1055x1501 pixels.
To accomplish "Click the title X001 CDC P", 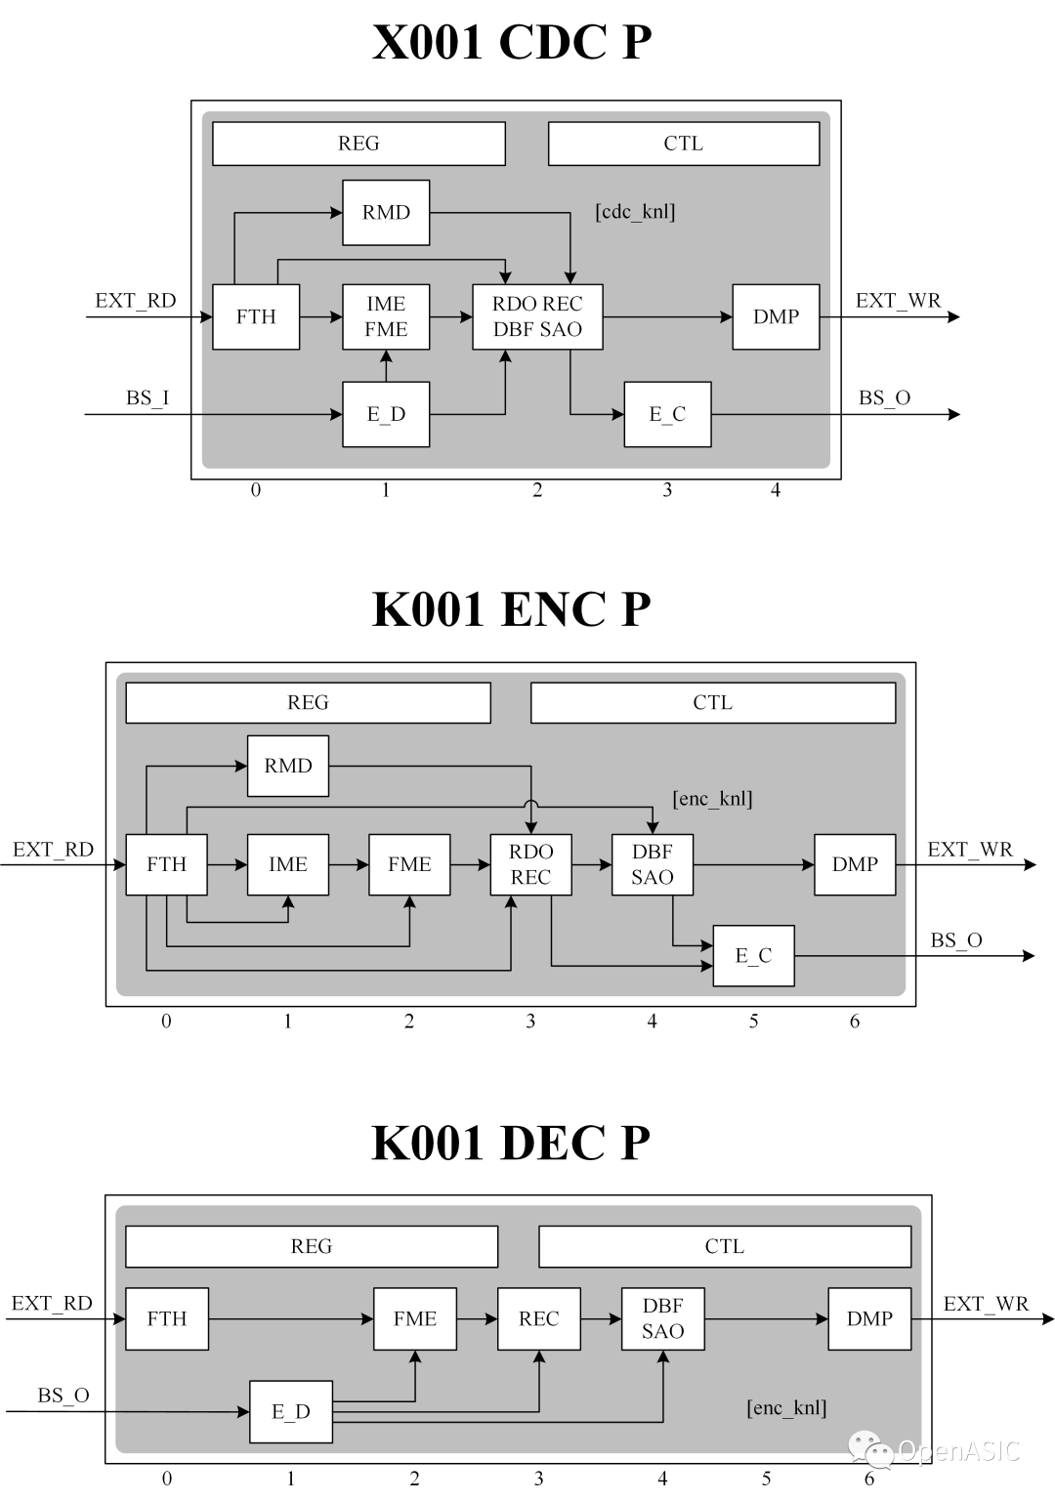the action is (512, 42).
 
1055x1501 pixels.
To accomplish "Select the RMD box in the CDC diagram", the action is (386, 213).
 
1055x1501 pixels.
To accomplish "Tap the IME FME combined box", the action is (386, 316).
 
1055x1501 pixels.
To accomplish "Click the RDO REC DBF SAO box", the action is (537, 316).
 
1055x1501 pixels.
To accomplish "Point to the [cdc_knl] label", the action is (635, 212).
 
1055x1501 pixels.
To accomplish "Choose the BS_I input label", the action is (148, 398).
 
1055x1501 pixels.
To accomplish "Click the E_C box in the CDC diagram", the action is (667, 414).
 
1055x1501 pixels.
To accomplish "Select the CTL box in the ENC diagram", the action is (713, 702).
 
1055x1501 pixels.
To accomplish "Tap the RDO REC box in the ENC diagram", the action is (530, 864).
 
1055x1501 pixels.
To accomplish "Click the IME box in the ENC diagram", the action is (288, 864).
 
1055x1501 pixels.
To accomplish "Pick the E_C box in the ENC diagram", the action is (754, 955).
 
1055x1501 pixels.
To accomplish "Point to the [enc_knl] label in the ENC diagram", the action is (712, 799).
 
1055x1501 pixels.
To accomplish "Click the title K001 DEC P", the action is (511, 1144).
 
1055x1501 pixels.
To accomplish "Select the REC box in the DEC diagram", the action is (539, 1318).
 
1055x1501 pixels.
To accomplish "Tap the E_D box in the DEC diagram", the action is (291, 1412).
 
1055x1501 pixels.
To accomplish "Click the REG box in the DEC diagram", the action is (312, 1246).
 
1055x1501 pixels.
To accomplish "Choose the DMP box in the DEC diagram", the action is (870, 1318).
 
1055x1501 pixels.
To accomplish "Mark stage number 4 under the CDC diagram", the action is (776, 490).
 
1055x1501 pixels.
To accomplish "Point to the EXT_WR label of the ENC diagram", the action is (970, 850).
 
